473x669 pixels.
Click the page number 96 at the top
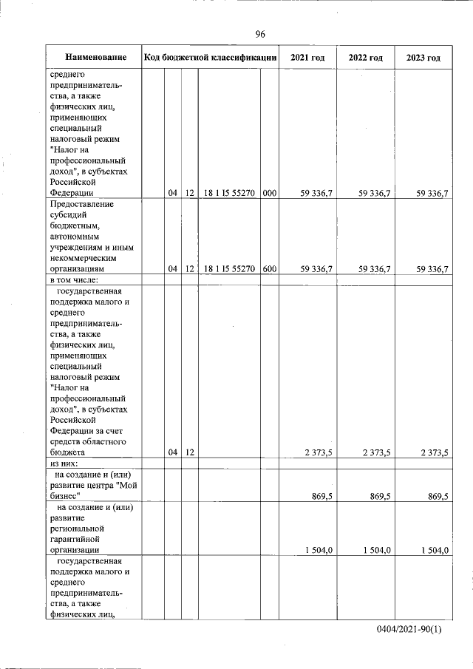click(260, 34)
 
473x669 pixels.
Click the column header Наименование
click(95, 58)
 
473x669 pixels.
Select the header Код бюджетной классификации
click(211, 58)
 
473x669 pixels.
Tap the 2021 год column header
click(307, 58)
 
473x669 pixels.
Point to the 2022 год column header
click(365, 58)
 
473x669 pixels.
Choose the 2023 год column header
click(423, 58)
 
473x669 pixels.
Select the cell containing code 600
click(269, 269)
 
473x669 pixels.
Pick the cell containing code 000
click(269, 193)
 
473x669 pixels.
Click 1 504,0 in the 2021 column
click(318, 549)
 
